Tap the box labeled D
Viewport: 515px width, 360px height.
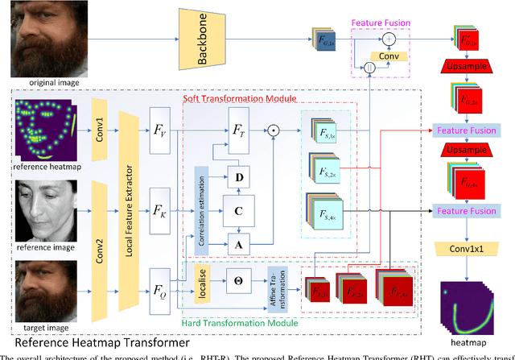238,175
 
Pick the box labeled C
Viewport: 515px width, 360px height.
238,209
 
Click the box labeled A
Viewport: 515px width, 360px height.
238,244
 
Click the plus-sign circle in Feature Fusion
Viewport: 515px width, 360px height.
390,37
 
